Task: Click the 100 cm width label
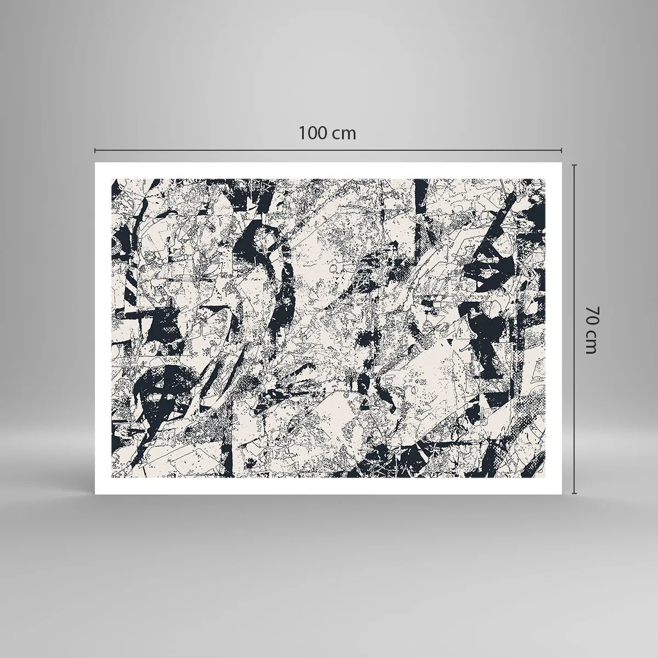[x=327, y=133]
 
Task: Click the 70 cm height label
[x=590, y=330]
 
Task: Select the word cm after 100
[x=345, y=134]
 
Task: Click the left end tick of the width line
[x=95, y=150]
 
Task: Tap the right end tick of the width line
[x=561, y=150]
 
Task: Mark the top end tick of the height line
[x=575, y=164]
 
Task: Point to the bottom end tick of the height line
[x=575, y=493]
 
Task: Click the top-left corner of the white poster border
[x=95, y=163]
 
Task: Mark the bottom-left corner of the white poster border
[x=95, y=493]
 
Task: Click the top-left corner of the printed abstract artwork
[x=112, y=179]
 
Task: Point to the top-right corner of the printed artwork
[x=545, y=179]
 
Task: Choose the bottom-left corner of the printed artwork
[x=112, y=477]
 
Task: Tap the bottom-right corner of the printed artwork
[x=545, y=477]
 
